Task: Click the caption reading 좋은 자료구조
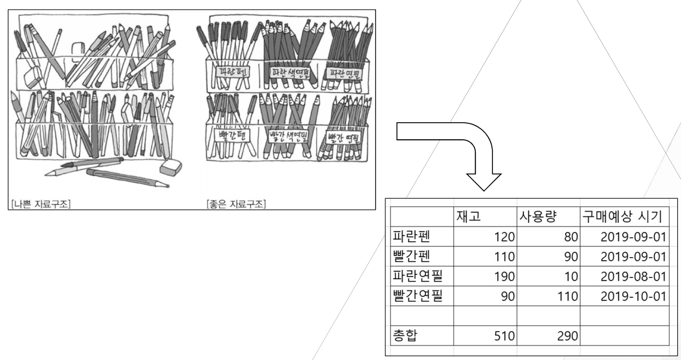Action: pyautogui.click(x=238, y=203)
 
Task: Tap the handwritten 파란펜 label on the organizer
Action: pyautogui.click(x=230, y=71)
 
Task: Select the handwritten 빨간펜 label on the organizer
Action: pyautogui.click(x=229, y=133)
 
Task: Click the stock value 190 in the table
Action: pyautogui.click(x=505, y=276)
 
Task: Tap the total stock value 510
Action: pyautogui.click(x=505, y=336)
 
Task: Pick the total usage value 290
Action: pyautogui.click(x=567, y=336)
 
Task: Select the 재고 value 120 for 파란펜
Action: pyautogui.click(x=505, y=236)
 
